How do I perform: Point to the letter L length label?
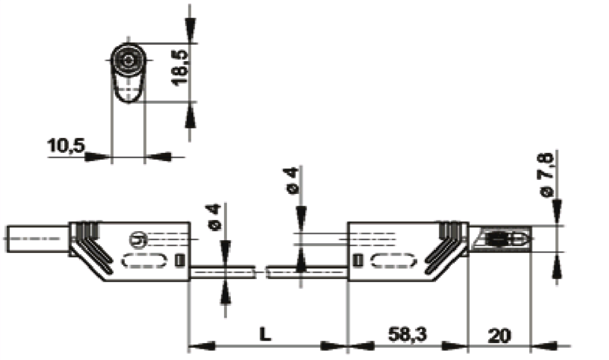pos(265,335)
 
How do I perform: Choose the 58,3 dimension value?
pos(409,335)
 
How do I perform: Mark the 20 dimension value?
pos(499,335)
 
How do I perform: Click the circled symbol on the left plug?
pos(137,239)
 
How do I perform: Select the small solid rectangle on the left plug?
pos(181,260)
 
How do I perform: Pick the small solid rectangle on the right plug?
pos(358,260)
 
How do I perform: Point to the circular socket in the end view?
pos(128,61)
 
